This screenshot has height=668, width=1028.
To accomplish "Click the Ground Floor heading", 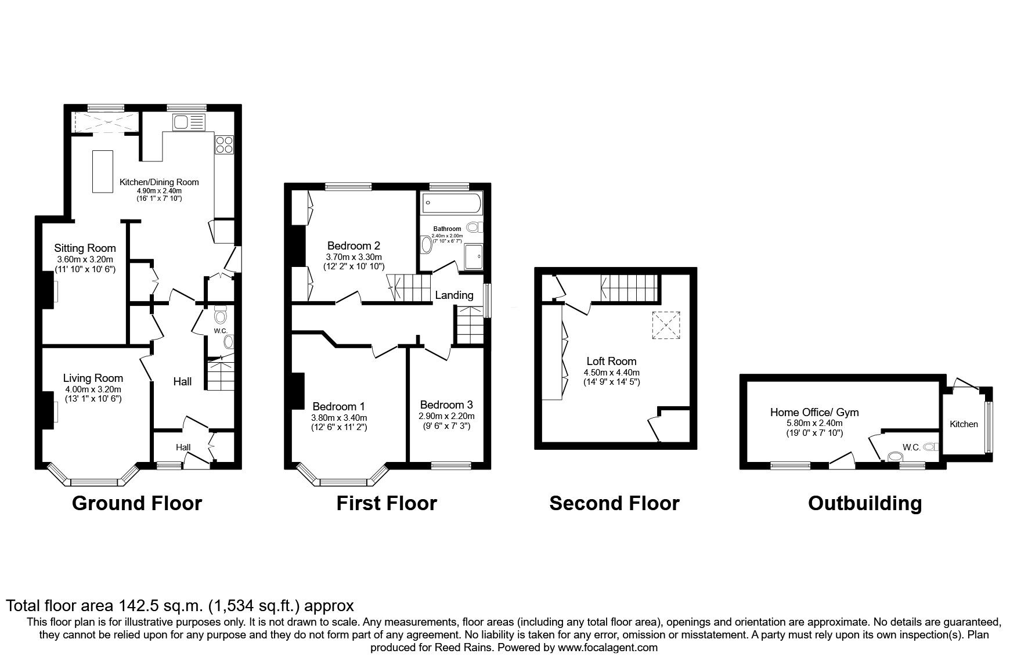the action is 136,503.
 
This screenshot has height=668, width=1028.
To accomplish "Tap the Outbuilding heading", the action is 864,503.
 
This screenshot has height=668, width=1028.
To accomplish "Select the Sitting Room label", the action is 85,248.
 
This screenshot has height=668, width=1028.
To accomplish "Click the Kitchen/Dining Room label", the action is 159,182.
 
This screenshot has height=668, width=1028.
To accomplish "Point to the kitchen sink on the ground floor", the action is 189,122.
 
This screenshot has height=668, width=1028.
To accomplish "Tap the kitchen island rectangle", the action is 103,171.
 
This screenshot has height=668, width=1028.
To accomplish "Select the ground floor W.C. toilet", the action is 220,316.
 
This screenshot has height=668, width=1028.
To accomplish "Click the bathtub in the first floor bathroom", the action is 451,203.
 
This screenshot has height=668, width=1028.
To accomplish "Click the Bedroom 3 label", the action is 446,405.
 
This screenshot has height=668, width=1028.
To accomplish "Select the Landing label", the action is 455,295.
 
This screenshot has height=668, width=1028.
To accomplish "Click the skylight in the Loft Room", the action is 666,325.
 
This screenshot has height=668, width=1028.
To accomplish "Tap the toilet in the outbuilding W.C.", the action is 930,446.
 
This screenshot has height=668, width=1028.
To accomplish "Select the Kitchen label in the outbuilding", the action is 964,424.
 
